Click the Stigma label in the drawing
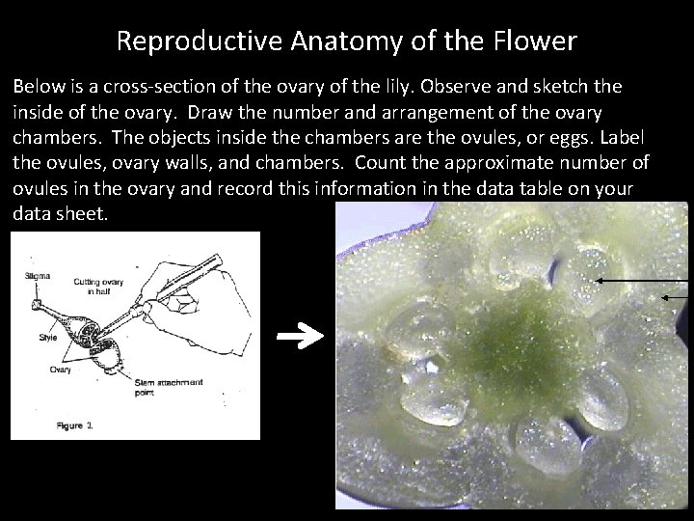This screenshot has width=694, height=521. pos(39,277)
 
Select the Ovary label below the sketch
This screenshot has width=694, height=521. pos(61,369)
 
